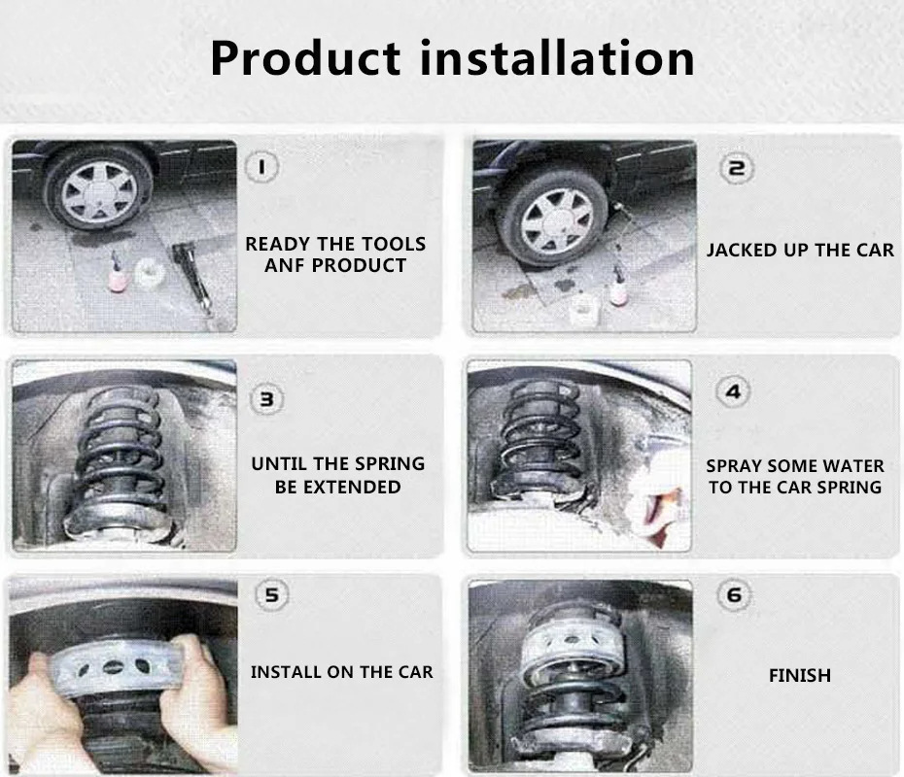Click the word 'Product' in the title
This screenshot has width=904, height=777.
(305, 58)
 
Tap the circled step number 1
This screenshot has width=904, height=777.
(262, 167)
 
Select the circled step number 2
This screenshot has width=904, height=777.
(736, 168)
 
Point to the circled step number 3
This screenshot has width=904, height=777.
(266, 399)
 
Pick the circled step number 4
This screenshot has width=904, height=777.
(733, 391)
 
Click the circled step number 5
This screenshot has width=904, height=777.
(271, 594)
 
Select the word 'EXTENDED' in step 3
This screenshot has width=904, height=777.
(352, 488)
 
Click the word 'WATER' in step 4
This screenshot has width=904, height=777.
(853, 466)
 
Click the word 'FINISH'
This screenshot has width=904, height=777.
(800, 675)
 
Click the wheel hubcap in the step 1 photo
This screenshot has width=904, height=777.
(99, 191)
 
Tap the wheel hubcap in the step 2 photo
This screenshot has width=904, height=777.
(556, 221)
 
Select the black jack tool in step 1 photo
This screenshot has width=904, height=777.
(193, 277)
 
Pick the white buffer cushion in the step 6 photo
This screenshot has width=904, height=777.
(574, 644)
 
